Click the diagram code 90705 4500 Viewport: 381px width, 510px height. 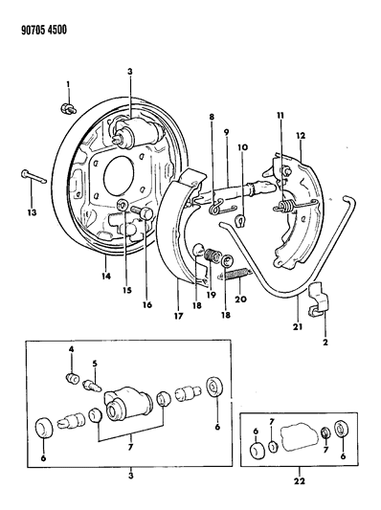click(44, 30)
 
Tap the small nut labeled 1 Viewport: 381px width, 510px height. click(68, 108)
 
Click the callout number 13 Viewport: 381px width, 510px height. click(32, 213)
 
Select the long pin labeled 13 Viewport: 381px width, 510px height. click(34, 176)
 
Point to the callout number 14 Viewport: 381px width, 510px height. click(106, 277)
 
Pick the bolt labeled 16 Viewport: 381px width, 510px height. click(143, 213)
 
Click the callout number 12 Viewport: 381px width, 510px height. click(301, 136)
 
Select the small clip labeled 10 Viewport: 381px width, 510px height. click(240, 221)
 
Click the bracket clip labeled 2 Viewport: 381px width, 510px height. click(318, 299)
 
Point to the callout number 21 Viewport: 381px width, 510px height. click(298, 326)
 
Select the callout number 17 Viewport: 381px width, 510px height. click(179, 316)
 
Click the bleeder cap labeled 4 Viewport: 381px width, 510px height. click(73, 379)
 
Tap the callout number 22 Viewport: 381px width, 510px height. click(300, 480)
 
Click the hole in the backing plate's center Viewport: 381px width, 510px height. click(119, 176)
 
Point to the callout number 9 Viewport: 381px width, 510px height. click(227, 133)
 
